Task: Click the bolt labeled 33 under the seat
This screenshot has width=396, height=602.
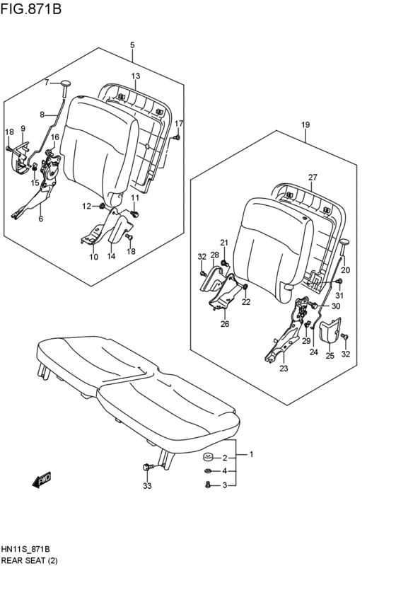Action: [148, 467]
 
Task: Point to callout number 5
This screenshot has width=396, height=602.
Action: [132, 45]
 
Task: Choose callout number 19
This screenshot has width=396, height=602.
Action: [305, 125]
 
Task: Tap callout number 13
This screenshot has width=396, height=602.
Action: [135, 76]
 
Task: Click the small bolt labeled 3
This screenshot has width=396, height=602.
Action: [206, 485]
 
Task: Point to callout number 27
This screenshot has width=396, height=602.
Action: [312, 178]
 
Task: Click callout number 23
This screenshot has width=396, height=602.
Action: [284, 368]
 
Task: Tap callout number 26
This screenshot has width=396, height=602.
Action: [224, 324]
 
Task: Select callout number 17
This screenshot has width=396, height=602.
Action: [179, 123]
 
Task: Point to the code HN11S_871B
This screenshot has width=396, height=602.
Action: [30, 550]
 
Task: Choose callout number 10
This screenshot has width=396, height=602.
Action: [93, 257]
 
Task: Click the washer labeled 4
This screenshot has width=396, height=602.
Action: [206, 471]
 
